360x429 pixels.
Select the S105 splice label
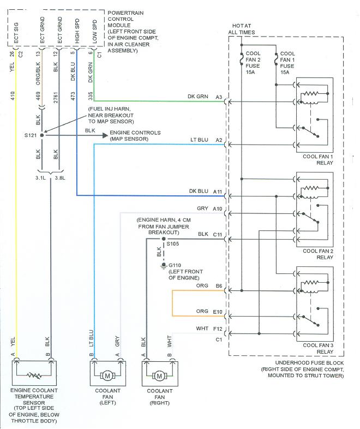coord(173,243)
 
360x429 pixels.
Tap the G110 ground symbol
coord(162,266)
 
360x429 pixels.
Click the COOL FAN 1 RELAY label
coord(316,159)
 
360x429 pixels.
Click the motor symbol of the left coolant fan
coord(107,376)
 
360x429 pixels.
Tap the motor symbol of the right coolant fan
coord(159,376)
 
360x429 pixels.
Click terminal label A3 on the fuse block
coord(218,97)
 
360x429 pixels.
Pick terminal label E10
coord(218,312)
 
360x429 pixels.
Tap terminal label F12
coord(218,329)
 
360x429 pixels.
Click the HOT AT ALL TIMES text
coord(241,28)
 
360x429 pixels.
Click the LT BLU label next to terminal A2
coord(199,140)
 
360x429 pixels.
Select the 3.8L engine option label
coord(60,177)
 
